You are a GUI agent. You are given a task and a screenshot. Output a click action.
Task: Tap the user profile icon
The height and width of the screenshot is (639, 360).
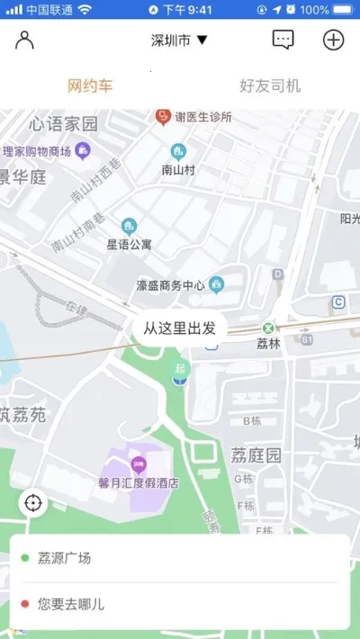[x=24, y=40]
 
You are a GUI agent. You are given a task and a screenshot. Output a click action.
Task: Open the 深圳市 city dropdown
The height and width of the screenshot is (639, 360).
[x=179, y=40]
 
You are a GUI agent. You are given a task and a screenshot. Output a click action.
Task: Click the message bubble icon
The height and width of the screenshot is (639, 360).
[x=283, y=40]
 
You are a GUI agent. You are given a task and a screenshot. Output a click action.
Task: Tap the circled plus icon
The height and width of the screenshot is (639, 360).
[x=333, y=40]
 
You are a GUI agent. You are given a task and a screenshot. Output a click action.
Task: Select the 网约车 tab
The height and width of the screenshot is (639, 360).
[x=90, y=86]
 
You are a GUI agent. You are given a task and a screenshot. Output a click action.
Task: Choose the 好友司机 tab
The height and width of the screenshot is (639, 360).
[x=270, y=86]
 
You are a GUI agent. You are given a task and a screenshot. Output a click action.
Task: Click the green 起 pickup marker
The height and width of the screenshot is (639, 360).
[x=181, y=370]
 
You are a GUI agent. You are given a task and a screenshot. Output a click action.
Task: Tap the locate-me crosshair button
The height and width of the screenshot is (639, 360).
[x=34, y=502]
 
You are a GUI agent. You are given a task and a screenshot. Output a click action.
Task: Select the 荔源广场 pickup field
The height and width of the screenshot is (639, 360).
[x=180, y=558]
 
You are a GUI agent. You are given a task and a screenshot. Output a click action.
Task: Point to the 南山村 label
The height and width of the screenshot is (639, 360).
[x=178, y=168]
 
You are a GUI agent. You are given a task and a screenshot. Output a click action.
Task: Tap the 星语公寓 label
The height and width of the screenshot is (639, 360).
[x=130, y=243]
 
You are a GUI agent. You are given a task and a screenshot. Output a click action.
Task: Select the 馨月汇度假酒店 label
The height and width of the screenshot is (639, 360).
[x=139, y=482]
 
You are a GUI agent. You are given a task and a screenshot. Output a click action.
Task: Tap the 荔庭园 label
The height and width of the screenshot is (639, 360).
[x=256, y=455]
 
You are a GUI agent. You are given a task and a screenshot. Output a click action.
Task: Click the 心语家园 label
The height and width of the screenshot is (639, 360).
[x=63, y=123]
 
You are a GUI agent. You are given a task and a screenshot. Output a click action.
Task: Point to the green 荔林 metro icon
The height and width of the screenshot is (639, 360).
[x=268, y=328]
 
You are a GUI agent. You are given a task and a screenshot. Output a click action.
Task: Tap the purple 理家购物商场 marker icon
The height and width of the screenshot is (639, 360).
[x=83, y=150]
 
